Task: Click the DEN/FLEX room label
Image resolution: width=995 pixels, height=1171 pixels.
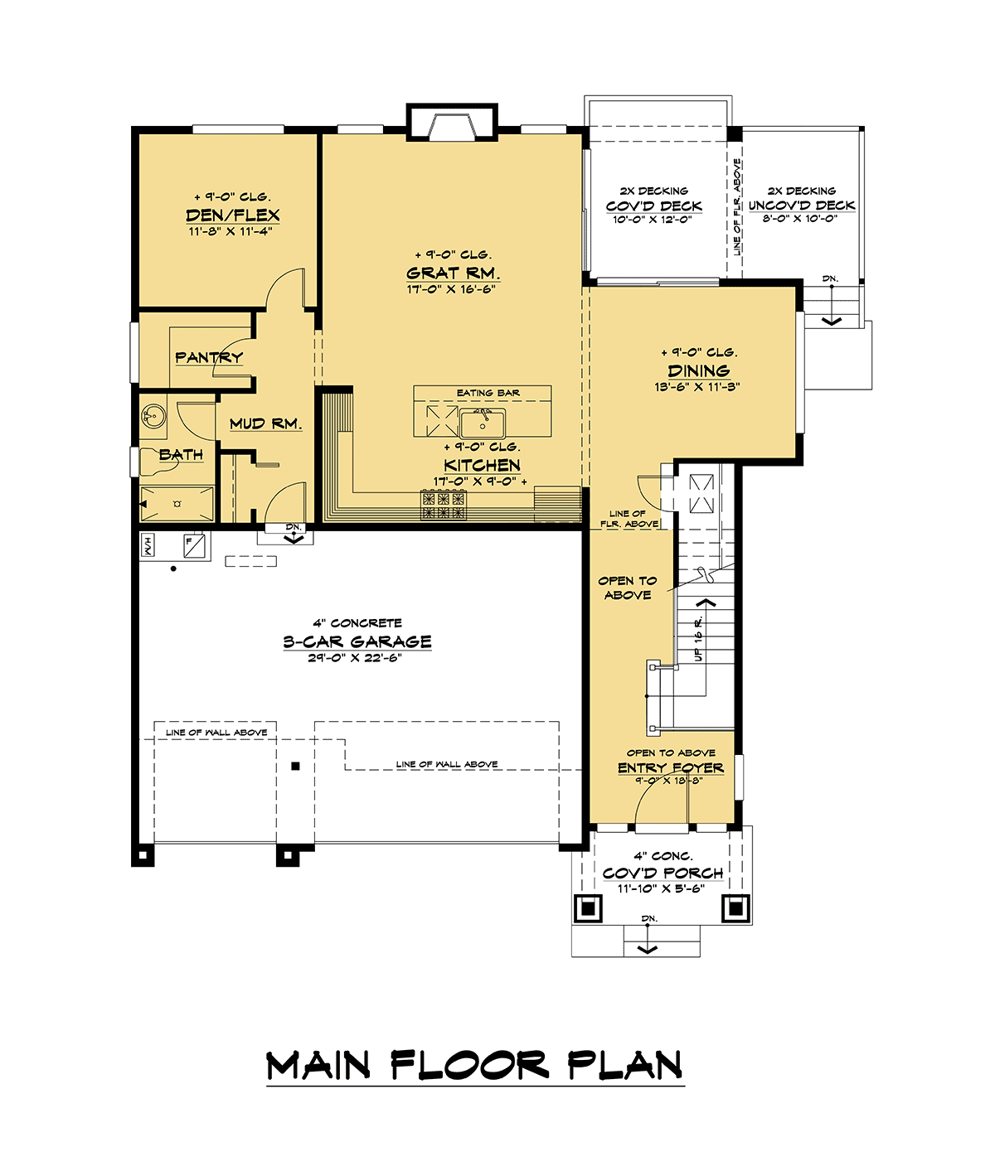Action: click(x=232, y=215)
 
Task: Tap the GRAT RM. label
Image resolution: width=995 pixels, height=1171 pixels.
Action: click(x=453, y=273)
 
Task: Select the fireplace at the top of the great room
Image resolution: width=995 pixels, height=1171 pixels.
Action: click(x=452, y=123)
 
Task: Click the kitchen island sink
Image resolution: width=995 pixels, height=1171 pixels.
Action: click(x=483, y=423)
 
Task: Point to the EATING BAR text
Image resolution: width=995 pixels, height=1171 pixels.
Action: click(x=488, y=393)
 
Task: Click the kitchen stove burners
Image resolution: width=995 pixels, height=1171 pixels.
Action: click(x=444, y=506)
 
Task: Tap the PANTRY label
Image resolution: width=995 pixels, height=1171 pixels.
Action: click(x=209, y=357)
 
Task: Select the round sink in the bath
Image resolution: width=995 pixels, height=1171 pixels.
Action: click(x=153, y=417)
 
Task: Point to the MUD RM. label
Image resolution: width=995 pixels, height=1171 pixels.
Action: click(x=265, y=423)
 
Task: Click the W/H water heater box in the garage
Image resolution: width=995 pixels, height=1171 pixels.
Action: click(x=146, y=545)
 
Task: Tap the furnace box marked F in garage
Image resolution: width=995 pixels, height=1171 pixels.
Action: click(x=194, y=546)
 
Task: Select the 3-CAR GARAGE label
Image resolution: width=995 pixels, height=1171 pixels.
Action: click(x=357, y=641)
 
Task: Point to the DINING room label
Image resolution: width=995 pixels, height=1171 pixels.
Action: click(x=698, y=370)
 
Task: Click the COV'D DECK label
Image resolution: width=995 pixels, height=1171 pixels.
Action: click(x=653, y=206)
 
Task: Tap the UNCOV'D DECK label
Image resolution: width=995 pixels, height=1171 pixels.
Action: click(x=802, y=206)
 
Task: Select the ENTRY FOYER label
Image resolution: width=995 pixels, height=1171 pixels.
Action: click(x=671, y=767)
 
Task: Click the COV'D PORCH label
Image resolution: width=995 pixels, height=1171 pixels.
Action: click(x=663, y=873)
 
